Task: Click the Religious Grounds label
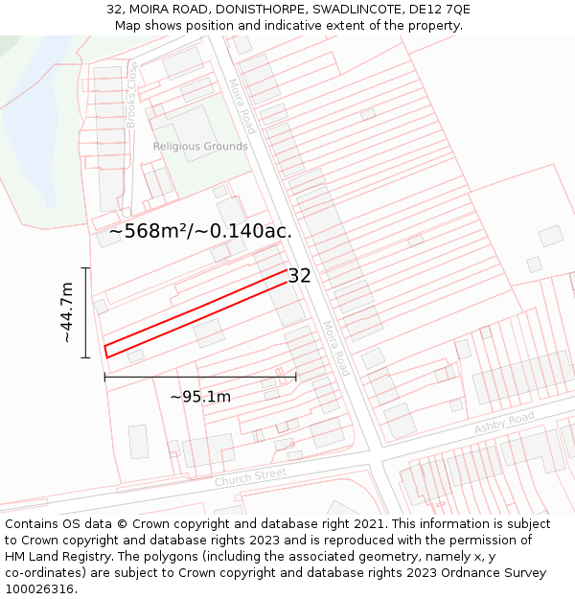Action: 200,147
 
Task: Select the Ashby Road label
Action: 504,423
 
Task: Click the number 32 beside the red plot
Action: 300,276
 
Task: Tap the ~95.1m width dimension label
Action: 200,397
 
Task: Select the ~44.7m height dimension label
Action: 67,312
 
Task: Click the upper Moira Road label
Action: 242,105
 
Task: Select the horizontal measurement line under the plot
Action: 200,378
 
